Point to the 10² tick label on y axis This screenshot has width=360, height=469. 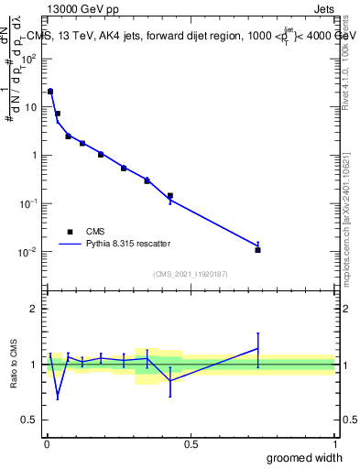pyautogui.click(x=28, y=59)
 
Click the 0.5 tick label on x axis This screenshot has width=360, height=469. pyautogui.click(x=191, y=443)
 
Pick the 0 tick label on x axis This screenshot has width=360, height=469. pyautogui.click(x=46, y=443)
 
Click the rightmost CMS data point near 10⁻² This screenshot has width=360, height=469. pyautogui.click(x=258, y=249)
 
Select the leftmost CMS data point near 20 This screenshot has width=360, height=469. pyautogui.click(x=50, y=92)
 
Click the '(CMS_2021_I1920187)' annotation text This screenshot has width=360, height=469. pyautogui.click(x=190, y=274)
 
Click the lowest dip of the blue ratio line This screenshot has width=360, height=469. pyautogui.click(x=58, y=397)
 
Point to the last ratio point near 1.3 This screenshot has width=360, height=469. pyautogui.click(x=258, y=348)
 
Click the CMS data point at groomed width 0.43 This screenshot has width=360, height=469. pyautogui.click(x=170, y=195)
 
